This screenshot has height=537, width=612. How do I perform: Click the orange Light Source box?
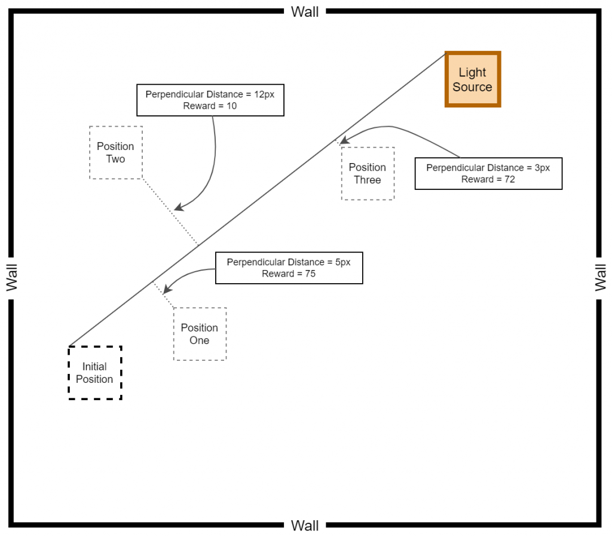pos(473,79)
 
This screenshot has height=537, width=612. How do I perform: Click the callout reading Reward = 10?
pos(210,100)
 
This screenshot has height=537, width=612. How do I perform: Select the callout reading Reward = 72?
pos(488,174)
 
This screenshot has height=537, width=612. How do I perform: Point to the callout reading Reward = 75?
pos(289,268)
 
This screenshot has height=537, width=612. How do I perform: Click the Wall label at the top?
pos(305,12)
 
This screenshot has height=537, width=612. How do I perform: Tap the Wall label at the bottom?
pos(305,526)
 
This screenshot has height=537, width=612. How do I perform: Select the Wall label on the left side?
pos(12,277)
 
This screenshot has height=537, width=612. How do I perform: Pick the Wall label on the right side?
pos(600,277)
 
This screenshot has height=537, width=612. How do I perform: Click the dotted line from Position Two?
pos(170,212)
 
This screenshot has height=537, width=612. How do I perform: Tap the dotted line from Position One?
pos(163,294)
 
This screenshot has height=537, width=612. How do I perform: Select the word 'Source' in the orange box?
pos(472,87)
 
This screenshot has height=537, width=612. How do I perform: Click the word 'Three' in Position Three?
pos(368,180)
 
